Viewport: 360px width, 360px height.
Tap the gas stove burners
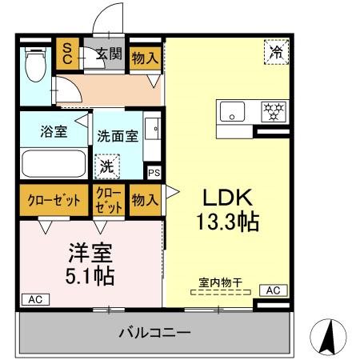click(x=274, y=111)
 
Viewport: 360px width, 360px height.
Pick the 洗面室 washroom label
click(x=118, y=136)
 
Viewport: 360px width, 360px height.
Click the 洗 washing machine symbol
click(x=106, y=167)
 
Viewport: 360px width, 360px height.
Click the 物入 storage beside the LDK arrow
click(x=145, y=199)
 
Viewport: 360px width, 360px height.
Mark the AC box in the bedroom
click(x=34, y=299)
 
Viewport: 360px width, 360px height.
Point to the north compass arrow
click(x=328, y=336)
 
